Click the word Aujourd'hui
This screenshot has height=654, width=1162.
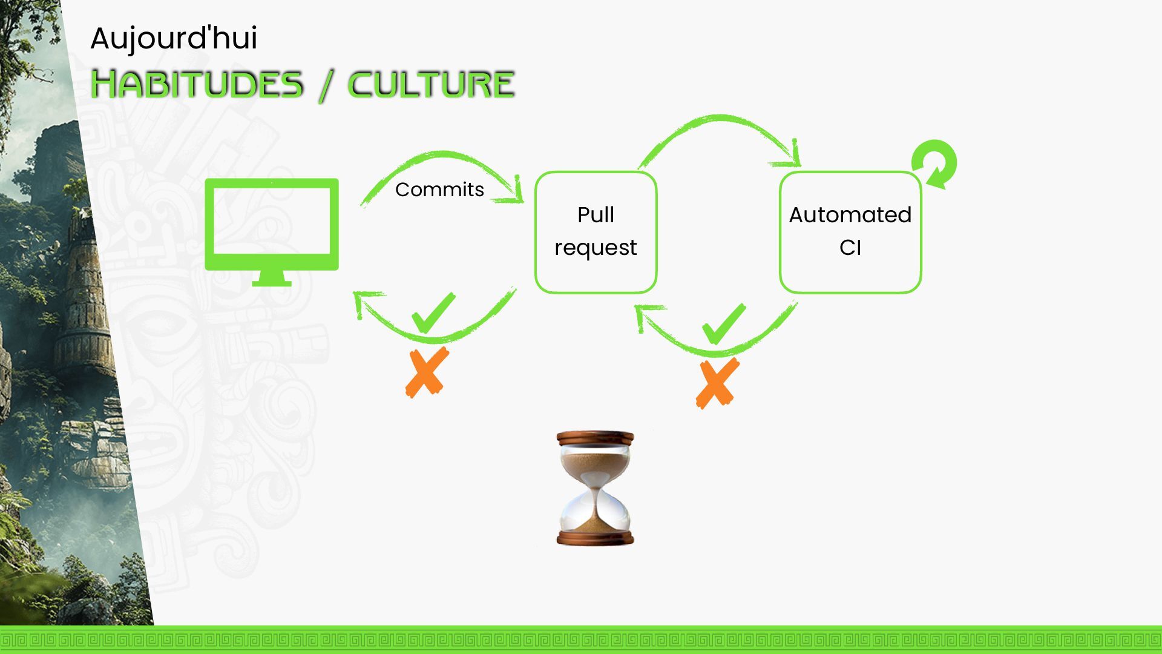tap(174, 38)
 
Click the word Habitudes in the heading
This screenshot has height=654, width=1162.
tap(197, 84)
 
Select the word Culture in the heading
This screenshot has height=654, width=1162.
tap(431, 84)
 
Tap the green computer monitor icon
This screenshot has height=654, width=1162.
tap(272, 225)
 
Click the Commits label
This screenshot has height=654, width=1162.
tap(439, 190)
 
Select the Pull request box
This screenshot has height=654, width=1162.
tap(596, 232)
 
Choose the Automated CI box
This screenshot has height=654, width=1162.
tap(850, 232)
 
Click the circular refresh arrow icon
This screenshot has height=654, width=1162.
tap(934, 164)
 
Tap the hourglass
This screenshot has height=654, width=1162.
tap(595, 488)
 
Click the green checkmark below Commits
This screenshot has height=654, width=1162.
tap(433, 313)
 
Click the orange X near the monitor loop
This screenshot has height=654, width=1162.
tap(427, 372)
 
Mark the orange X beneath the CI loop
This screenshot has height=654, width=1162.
tap(718, 383)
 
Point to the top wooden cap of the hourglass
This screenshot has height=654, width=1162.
tap(595, 438)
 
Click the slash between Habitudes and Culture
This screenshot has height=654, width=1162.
tap(326, 85)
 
